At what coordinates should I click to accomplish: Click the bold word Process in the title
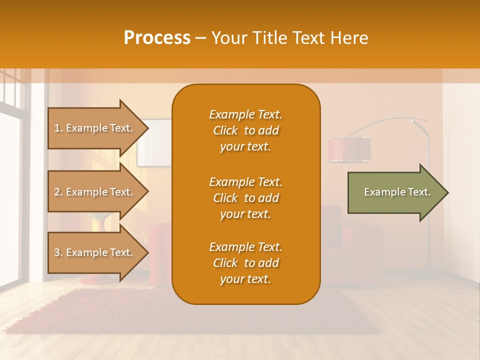(157, 38)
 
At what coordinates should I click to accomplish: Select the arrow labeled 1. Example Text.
(95, 128)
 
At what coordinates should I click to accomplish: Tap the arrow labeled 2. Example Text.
(95, 192)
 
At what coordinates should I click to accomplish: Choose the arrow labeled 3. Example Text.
(95, 252)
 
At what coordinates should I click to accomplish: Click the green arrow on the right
(395, 192)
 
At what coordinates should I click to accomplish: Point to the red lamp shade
(349, 150)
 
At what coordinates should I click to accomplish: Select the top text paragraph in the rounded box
(245, 130)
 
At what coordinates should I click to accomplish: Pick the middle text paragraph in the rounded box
(245, 198)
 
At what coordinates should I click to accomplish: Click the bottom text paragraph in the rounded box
(245, 263)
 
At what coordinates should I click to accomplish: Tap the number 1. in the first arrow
(58, 128)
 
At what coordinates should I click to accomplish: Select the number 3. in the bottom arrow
(58, 252)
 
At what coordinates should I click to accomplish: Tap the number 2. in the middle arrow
(58, 192)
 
